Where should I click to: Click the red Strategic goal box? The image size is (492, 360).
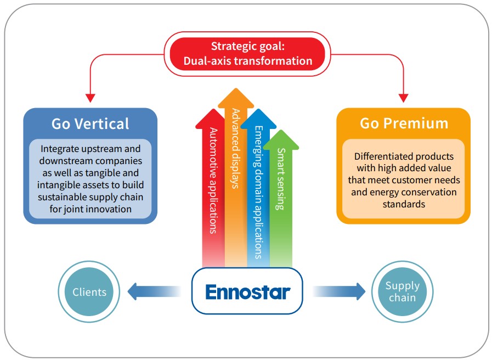coord(247,53)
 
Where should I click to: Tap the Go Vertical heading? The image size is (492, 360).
coord(91,123)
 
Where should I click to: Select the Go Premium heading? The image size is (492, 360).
coord(404,123)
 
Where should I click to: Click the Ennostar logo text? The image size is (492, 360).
coord(247,291)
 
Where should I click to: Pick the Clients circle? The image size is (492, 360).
coord(89,291)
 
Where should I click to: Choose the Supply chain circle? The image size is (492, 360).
coord(402,291)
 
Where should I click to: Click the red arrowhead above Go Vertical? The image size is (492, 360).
coord(91,98)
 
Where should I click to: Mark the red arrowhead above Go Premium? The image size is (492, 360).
coord(404,98)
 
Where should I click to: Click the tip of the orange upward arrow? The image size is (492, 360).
coord(236,91)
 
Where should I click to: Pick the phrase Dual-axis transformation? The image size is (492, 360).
coord(247,60)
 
